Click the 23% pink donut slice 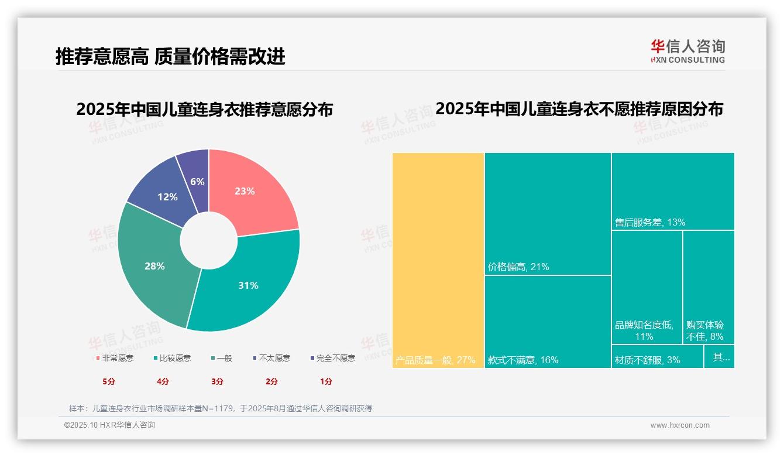246,191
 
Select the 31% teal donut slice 248,285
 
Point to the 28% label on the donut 154,266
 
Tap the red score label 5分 109,381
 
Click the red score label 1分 326,381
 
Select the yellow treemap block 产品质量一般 438,258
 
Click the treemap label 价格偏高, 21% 518,267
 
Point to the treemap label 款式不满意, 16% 523,360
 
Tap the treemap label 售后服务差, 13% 650,223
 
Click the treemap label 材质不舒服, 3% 648,360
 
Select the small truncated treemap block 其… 720,357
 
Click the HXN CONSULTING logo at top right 688,52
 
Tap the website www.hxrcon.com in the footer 680,425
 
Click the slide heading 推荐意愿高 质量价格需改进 170,56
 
